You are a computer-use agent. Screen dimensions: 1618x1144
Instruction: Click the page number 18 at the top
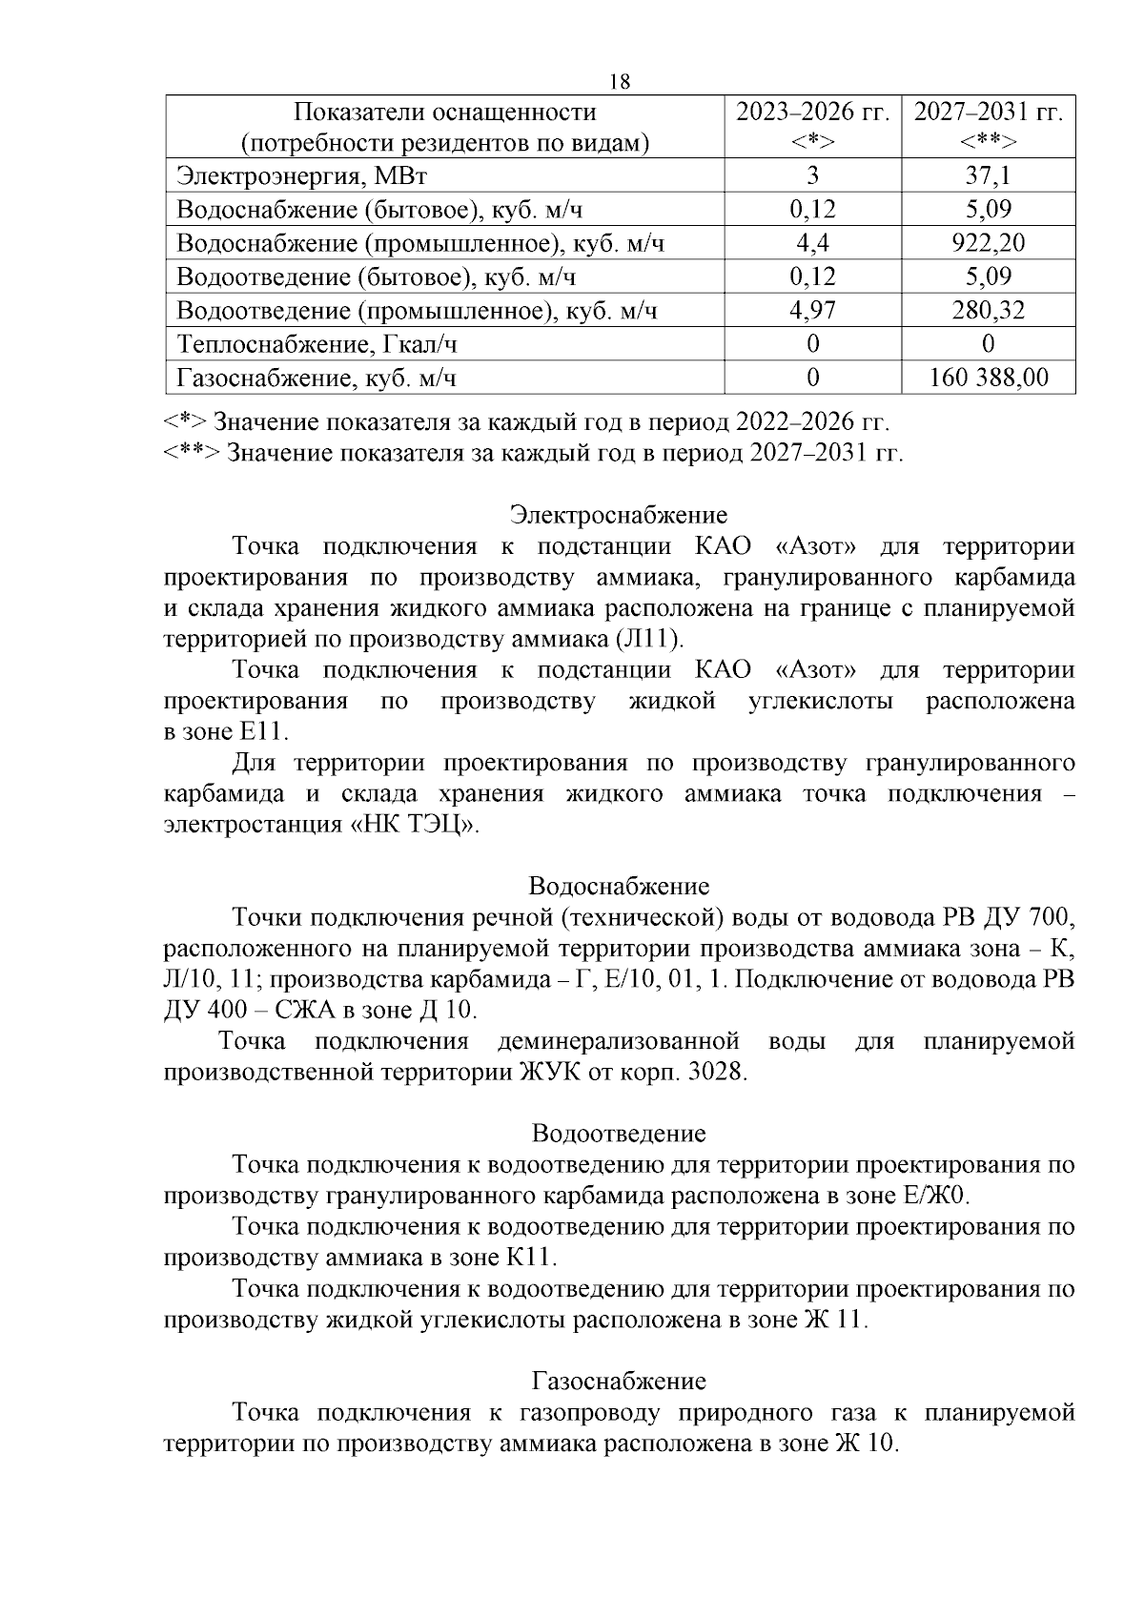click(620, 82)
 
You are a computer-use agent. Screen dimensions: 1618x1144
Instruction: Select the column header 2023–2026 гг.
click(812, 113)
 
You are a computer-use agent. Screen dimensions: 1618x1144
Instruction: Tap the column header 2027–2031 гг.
click(988, 113)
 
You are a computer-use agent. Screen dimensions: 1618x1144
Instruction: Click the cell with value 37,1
click(988, 175)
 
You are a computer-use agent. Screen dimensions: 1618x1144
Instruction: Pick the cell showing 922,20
click(988, 243)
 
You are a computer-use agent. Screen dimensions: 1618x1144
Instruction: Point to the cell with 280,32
click(988, 311)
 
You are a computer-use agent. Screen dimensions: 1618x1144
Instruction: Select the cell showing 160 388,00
click(989, 379)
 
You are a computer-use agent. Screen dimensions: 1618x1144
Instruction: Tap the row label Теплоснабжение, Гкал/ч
click(323, 344)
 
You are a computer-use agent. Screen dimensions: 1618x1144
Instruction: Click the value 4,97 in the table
click(812, 311)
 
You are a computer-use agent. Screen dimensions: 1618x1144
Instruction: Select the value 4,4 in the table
click(812, 243)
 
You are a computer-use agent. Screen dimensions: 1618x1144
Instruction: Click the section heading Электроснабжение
click(618, 516)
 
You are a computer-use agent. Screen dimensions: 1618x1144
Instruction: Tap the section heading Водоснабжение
click(619, 887)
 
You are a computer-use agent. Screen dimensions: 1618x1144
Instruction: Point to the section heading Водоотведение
click(619, 1134)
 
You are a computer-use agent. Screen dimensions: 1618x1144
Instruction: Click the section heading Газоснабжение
click(619, 1382)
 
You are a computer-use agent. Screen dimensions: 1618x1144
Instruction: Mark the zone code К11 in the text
click(529, 1258)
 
